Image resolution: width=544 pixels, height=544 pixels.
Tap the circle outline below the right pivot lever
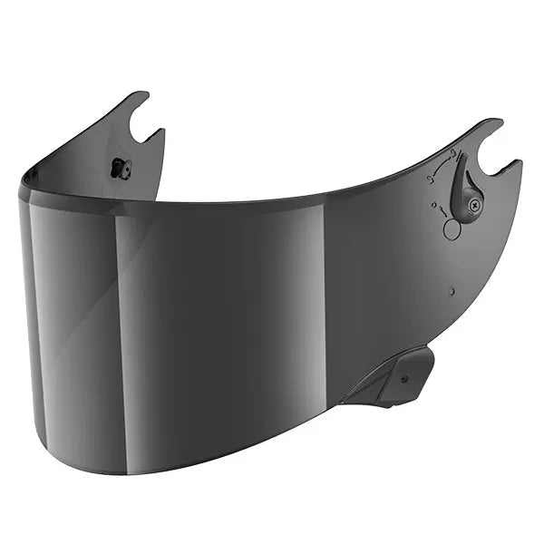pos(452,229)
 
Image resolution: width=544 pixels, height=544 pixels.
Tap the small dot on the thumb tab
pos(404,379)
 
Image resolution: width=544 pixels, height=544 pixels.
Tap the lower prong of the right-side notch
pos(515,166)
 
